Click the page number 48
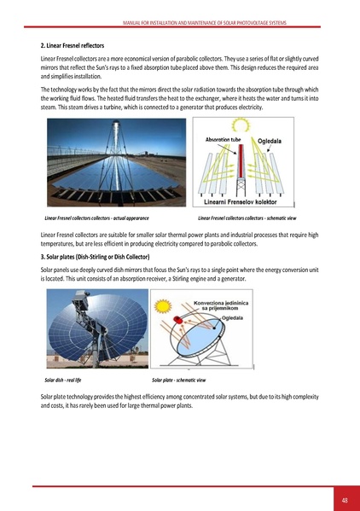point(344,499)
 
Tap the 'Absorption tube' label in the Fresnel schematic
point(224,139)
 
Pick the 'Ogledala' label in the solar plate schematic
point(233,317)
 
